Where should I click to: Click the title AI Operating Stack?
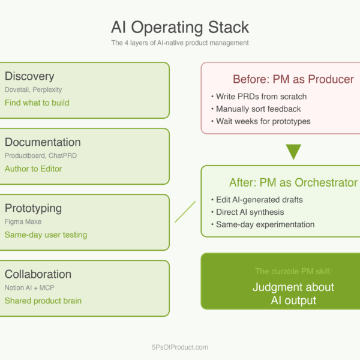(180, 27)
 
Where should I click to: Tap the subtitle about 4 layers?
(180, 43)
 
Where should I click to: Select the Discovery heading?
(29, 76)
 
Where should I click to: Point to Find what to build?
(37, 103)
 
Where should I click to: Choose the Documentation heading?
(43, 142)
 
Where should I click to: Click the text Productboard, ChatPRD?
(41, 155)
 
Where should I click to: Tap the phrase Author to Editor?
(34, 169)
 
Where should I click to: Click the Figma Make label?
(23, 221)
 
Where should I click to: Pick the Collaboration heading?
(38, 274)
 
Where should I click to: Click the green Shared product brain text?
(43, 301)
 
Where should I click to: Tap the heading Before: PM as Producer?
(293, 79)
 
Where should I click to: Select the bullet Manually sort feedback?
(259, 109)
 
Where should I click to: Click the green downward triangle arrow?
(293, 151)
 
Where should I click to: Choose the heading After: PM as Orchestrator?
(293, 182)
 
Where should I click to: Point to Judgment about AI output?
(293, 294)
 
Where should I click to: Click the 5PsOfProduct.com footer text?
(180, 347)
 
